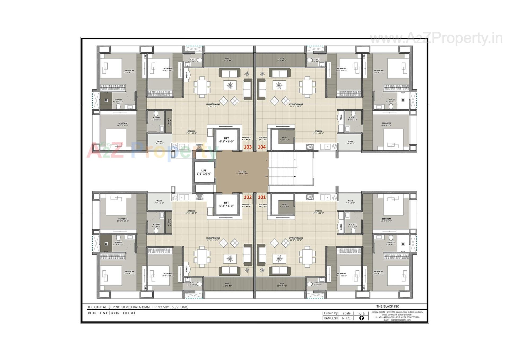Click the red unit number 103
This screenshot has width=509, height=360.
point(248,147)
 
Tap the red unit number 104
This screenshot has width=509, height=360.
point(262,147)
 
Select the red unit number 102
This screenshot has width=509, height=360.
point(248,197)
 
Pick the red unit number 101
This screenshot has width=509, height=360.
point(262,197)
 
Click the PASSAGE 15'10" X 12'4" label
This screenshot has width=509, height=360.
point(242,173)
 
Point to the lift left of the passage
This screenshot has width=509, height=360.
point(204,172)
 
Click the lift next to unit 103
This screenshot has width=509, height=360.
point(226,140)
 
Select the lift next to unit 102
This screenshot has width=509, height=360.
point(226,204)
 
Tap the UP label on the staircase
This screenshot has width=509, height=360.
point(267,160)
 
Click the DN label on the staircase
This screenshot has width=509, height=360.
point(267,176)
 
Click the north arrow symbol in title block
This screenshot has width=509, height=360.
point(361,318)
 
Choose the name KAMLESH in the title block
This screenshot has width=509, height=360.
point(331,318)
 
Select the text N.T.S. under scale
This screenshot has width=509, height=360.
point(346,318)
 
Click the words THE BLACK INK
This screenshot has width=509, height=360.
point(387,306)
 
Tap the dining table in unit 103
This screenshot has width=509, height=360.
point(202,87)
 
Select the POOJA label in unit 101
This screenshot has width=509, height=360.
point(341,227)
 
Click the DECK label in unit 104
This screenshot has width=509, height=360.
point(282,59)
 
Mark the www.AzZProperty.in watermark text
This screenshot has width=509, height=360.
point(436,38)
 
